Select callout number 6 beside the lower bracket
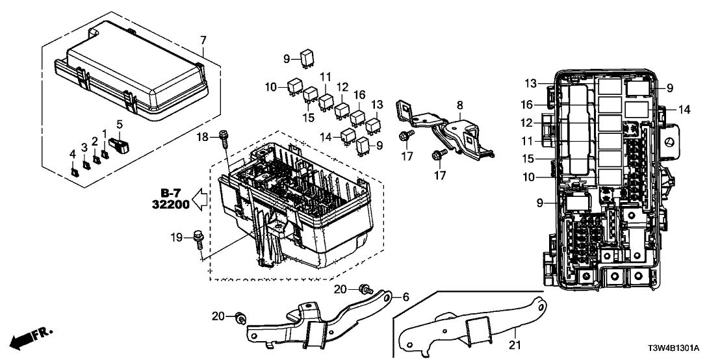point(405,297)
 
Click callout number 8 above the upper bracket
point(460,104)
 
